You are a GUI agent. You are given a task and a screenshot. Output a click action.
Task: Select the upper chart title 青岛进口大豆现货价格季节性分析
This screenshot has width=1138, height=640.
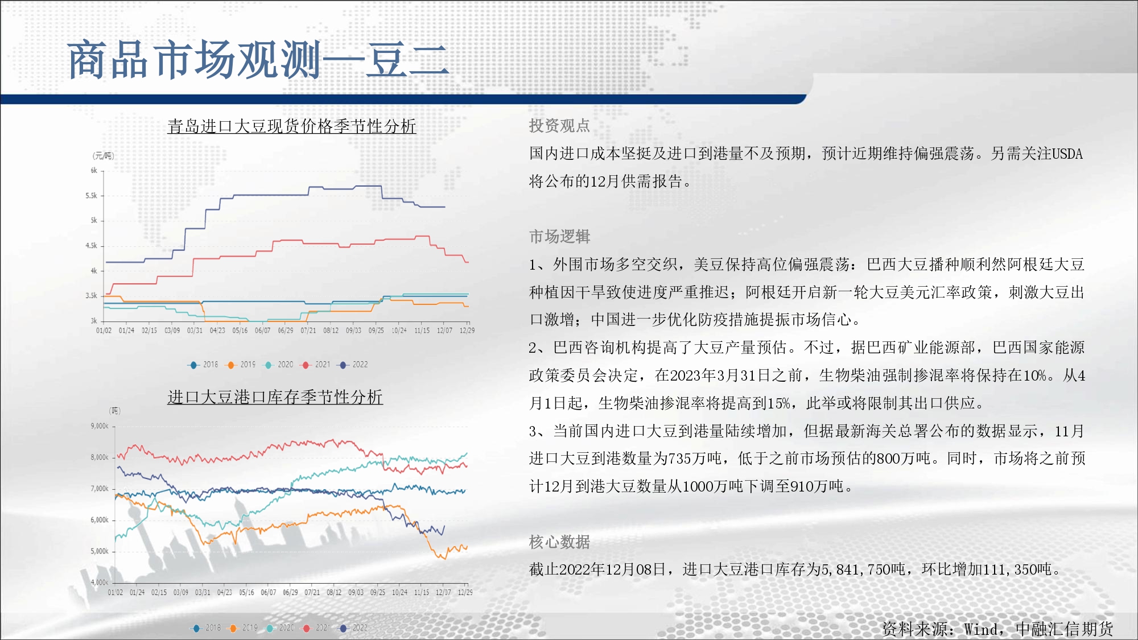[292, 126]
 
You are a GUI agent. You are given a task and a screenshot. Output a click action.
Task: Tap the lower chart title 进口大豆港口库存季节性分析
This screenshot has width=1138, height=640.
[275, 397]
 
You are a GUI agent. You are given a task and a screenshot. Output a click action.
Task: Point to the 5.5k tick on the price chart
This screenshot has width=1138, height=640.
[91, 196]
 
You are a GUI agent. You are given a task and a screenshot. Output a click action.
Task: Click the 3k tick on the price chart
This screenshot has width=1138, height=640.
[94, 321]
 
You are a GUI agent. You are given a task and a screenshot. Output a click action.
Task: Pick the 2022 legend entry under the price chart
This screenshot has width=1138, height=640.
[354, 365]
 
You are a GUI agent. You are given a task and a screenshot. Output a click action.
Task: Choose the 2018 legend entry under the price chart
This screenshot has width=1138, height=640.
[203, 365]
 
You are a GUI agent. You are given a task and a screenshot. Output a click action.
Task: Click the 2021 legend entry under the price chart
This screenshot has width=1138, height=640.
[316, 365]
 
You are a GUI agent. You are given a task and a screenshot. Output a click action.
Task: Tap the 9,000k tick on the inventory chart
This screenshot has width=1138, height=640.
[100, 426]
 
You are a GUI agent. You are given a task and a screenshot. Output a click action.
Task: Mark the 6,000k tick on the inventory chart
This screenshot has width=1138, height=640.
[100, 520]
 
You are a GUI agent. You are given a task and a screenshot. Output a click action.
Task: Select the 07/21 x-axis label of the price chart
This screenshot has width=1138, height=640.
[308, 331]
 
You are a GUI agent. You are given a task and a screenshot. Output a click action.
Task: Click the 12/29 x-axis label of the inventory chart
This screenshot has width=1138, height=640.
[465, 592]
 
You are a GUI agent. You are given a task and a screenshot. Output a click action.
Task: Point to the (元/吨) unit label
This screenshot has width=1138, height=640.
[104, 156]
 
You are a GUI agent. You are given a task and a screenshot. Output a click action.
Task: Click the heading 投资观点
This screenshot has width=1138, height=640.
[559, 126]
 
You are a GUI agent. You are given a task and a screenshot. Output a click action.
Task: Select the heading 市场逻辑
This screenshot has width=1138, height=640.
[559, 236]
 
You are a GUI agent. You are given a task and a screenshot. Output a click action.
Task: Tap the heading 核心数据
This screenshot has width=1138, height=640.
[559, 542]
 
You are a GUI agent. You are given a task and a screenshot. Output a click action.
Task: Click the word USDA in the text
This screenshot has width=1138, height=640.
[1067, 154]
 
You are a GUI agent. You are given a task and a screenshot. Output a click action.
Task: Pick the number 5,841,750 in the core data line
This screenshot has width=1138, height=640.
[856, 569]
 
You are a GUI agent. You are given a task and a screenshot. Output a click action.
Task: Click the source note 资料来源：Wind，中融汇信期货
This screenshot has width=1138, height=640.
[997, 629]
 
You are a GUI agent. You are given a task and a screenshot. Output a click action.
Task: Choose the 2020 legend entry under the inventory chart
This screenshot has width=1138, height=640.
[280, 628]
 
